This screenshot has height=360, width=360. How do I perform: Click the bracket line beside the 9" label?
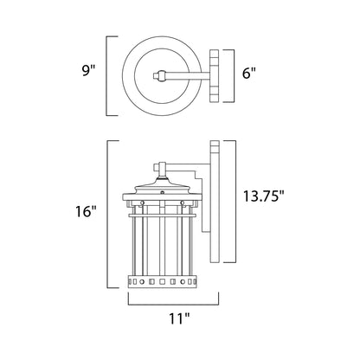click(x=108, y=75)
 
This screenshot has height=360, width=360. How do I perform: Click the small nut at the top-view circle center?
click(x=157, y=76)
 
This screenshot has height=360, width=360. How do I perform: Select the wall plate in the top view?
click(x=213, y=75)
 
